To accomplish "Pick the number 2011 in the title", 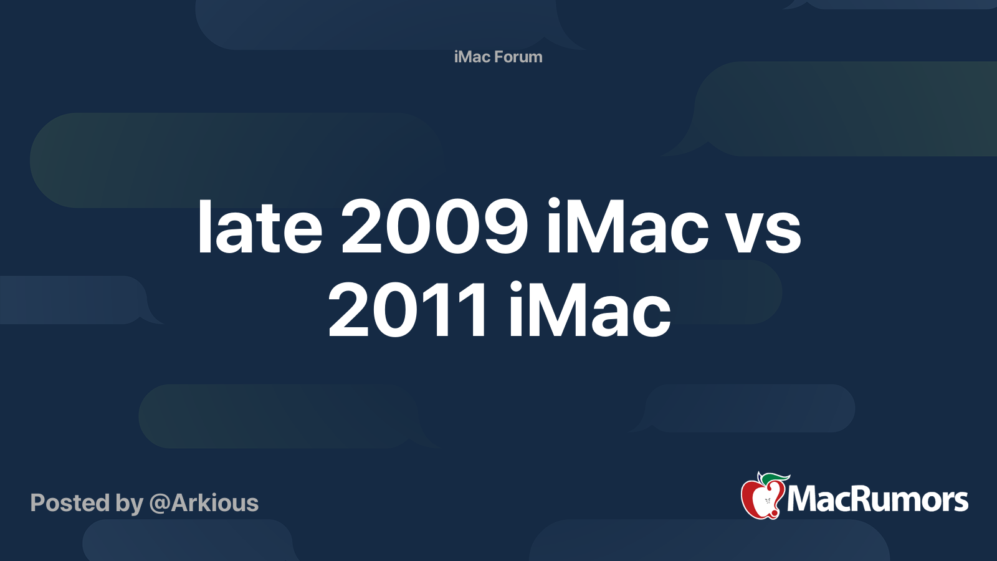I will pos(408,310).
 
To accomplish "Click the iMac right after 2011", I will pos(589,310).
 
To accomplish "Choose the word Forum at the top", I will pos(518,57).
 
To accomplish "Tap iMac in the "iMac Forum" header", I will pos(472,57).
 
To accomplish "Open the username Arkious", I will pos(215,503).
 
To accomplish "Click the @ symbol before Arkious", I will pos(160,504).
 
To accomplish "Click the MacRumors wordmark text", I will pos(877,499).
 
